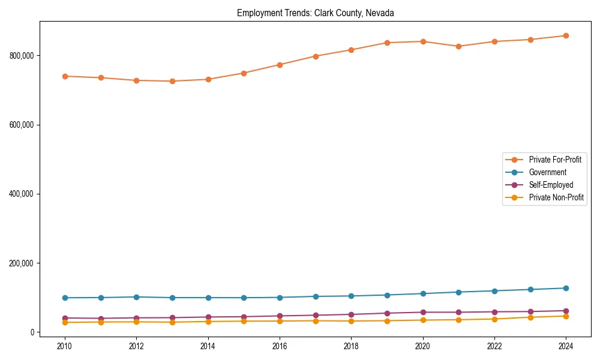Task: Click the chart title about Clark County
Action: (315, 13)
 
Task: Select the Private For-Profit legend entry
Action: (555, 160)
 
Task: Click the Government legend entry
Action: (547, 172)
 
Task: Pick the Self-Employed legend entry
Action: (551, 185)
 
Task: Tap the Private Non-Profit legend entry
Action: (556, 197)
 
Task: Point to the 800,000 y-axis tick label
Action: (20, 56)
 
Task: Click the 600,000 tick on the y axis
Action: (20, 125)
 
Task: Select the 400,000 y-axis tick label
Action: (20, 194)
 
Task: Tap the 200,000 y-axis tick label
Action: (20, 263)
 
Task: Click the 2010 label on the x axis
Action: (65, 346)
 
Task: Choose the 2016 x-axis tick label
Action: (280, 346)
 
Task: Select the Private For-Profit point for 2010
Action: (65, 76)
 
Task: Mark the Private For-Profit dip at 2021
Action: (458, 46)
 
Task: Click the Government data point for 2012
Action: (136, 297)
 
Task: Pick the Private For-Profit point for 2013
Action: (172, 81)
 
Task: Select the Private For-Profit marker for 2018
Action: (351, 50)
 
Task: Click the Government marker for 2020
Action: (422, 293)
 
